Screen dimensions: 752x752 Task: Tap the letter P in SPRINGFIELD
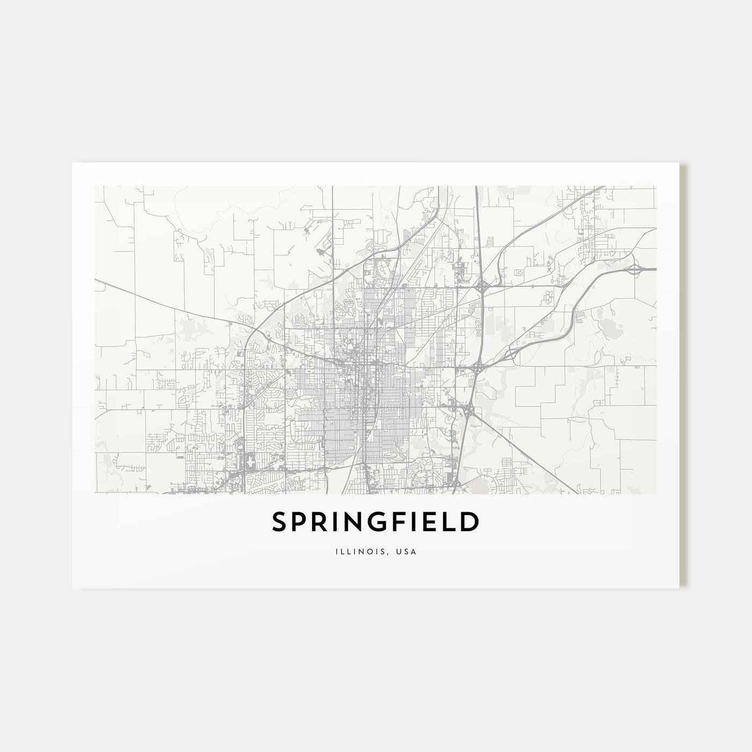(x=304, y=522)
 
